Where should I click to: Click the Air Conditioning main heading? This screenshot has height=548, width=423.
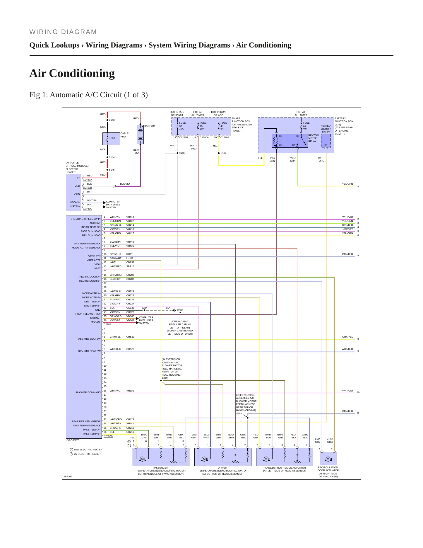pos(72,73)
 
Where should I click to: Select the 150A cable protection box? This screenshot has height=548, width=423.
pos(111,139)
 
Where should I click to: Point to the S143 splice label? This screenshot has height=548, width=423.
pos(112,120)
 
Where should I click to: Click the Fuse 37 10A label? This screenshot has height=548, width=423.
pos(182,126)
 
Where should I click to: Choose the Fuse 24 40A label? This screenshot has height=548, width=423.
pos(306,126)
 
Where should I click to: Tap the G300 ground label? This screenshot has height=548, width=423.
pos(180,310)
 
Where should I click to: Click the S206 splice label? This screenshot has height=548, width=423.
pos(182,153)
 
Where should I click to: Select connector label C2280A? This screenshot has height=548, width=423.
pos(204,137)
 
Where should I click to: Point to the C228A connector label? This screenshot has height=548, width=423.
pos(107,324)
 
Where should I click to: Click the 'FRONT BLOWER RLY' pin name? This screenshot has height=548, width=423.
pos(88,314)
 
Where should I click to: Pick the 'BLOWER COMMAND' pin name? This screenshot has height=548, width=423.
pos(88,392)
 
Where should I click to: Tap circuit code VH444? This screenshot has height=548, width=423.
pos(130,217)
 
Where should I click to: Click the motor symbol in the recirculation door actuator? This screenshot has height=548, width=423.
pos(328,459)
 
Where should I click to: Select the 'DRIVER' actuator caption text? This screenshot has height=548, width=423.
pos(222,468)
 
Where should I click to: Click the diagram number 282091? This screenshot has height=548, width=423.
pos(68,476)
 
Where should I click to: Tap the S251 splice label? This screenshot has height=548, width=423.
pos(239,413)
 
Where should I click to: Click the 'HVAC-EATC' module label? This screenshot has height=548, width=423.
pos(73,440)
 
